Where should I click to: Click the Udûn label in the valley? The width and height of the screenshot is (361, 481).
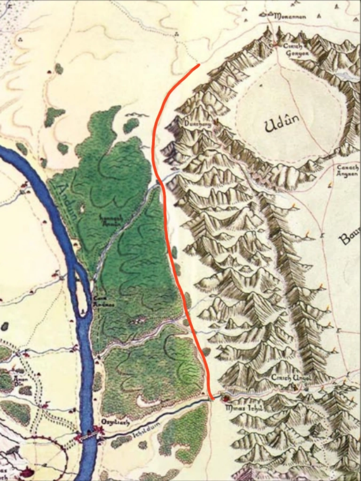[282, 124]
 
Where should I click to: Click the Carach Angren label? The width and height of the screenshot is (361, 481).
[348, 171]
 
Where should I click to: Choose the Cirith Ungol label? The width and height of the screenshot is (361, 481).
[286, 378]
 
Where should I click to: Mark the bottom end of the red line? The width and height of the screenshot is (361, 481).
[213, 399]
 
